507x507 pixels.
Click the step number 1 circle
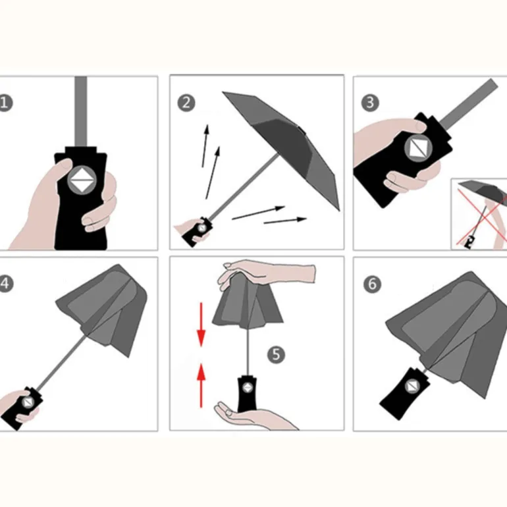click(5, 103)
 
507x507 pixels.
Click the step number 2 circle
click(186, 103)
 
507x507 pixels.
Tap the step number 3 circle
click(370, 103)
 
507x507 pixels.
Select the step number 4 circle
click(5, 284)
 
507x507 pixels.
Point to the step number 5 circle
click(276, 355)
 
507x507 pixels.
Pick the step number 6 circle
click(372, 284)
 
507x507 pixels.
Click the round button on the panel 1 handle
click(82, 178)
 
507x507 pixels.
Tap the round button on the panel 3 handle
click(418, 147)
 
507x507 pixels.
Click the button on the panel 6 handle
click(412, 386)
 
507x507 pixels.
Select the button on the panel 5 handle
click(248, 387)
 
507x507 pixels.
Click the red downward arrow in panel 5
click(201, 325)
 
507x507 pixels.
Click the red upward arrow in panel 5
click(201, 385)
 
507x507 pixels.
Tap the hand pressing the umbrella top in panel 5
click(267, 273)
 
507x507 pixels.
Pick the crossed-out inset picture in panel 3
click(479, 214)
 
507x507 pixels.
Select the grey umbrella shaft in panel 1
click(80, 112)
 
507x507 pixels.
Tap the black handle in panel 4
click(22, 408)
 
